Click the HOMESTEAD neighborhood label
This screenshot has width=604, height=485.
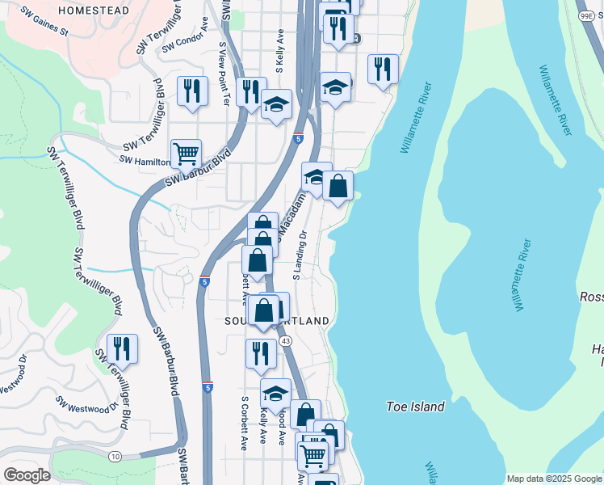pos(94,11)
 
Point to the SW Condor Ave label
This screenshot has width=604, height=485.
pos(186,42)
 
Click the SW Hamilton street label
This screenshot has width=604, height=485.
pos(144,160)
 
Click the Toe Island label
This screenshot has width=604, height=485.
pos(416,407)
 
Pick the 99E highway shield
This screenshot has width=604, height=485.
pos(586,15)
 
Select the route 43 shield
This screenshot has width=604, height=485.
pos(286,341)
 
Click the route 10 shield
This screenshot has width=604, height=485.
pos(115,458)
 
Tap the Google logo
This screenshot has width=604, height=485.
pos(27,475)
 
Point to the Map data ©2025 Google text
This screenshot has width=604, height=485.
pos(554,479)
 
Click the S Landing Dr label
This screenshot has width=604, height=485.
pos(300,255)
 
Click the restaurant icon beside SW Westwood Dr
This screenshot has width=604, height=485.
pos(122,348)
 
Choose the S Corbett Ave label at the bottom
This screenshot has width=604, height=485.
pos(244,422)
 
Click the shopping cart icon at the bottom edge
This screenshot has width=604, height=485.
pos(313,455)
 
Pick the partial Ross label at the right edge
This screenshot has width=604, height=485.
pos(591,297)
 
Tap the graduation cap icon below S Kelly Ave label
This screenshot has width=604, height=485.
pos(276,104)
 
